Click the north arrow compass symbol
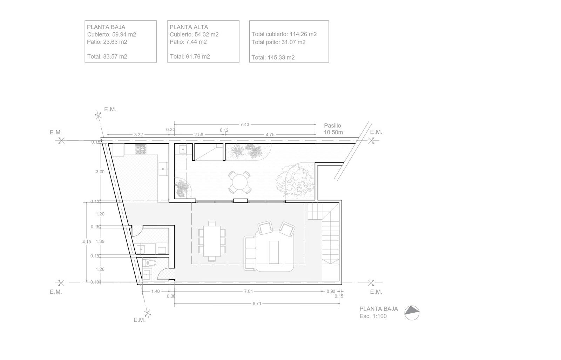tap(412, 313)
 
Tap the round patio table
tap(239, 182)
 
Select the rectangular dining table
tap(212, 241)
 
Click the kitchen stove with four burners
tap(141, 149)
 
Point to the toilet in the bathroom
tap(149, 263)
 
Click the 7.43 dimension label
tap(244, 124)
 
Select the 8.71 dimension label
tap(257, 304)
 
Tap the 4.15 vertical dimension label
tap(87, 242)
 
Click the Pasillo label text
tap(332, 126)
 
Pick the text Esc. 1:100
tap(373, 316)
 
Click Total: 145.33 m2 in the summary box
tap(273, 58)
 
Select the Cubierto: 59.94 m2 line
tap(111, 35)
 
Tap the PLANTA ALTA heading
tap(189, 27)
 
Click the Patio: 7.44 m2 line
tap(188, 42)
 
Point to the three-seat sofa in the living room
tap(250, 253)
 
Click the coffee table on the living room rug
tap(274, 252)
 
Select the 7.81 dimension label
tap(248, 291)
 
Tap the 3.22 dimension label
tap(138, 135)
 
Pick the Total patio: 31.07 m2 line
tap(278, 42)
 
